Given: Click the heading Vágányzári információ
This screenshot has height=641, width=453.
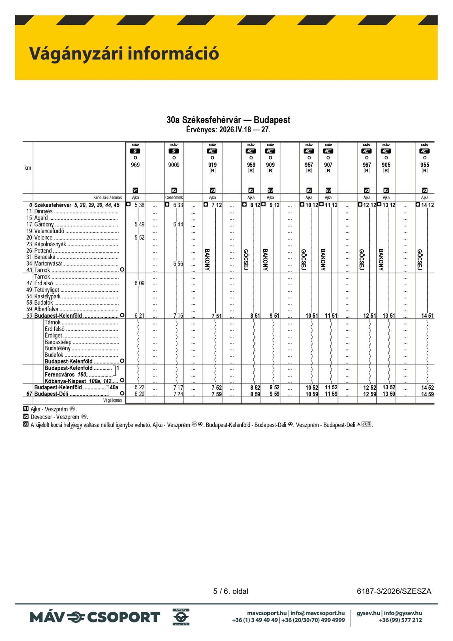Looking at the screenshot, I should (x=124, y=53).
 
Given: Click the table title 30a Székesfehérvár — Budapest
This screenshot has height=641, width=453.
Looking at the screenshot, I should (x=228, y=120).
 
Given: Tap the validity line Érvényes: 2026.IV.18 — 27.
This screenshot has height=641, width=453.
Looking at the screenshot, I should (x=228, y=130).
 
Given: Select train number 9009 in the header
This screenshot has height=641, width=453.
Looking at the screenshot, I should (x=174, y=165).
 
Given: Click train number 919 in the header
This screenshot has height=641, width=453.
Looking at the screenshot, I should (x=212, y=165).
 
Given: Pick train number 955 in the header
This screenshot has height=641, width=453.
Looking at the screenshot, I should (x=424, y=165).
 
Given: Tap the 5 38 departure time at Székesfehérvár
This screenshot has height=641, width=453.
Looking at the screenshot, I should (x=139, y=205).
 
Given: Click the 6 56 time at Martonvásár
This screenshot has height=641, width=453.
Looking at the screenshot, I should (x=178, y=264).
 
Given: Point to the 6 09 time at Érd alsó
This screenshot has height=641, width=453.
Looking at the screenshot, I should (x=139, y=283).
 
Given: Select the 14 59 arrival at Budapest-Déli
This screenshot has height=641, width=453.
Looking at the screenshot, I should (x=427, y=394).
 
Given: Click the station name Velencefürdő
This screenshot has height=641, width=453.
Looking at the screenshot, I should (x=49, y=231).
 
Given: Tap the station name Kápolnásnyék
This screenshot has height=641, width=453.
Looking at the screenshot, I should (x=50, y=244).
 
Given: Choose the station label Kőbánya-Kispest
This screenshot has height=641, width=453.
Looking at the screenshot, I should (x=65, y=381).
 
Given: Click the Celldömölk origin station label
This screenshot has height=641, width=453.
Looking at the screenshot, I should (x=174, y=198).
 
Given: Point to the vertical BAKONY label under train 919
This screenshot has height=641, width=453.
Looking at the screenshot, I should (x=207, y=260).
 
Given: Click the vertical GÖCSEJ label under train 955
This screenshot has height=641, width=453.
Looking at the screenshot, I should (x=420, y=260).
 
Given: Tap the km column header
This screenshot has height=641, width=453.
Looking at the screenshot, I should (x=28, y=168).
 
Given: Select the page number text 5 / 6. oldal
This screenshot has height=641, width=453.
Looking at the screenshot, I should (x=230, y=591).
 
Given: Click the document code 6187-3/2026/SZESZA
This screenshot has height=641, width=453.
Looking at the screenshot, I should (x=394, y=591).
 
